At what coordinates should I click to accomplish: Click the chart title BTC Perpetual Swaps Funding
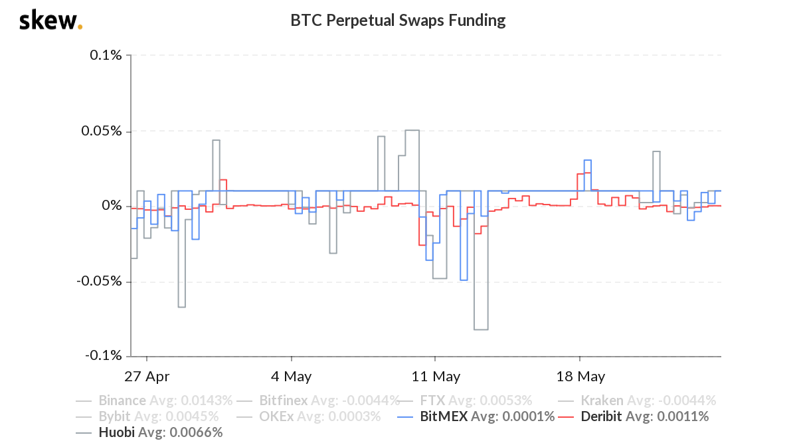[398, 21]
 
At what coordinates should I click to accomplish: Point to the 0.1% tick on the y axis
[106, 55]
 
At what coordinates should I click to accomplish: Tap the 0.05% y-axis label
[103, 131]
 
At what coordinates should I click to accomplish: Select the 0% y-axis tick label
[112, 206]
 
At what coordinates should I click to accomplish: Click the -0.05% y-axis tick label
[101, 281]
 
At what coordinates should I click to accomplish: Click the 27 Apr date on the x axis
[147, 377]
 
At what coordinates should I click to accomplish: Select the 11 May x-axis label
[436, 377]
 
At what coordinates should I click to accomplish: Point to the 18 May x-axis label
[580, 377]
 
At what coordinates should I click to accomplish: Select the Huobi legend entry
[149, 433]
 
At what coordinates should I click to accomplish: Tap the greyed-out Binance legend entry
[155, 400]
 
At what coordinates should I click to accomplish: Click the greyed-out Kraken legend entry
[637, 400]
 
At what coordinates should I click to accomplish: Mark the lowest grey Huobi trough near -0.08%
[481, 329]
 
